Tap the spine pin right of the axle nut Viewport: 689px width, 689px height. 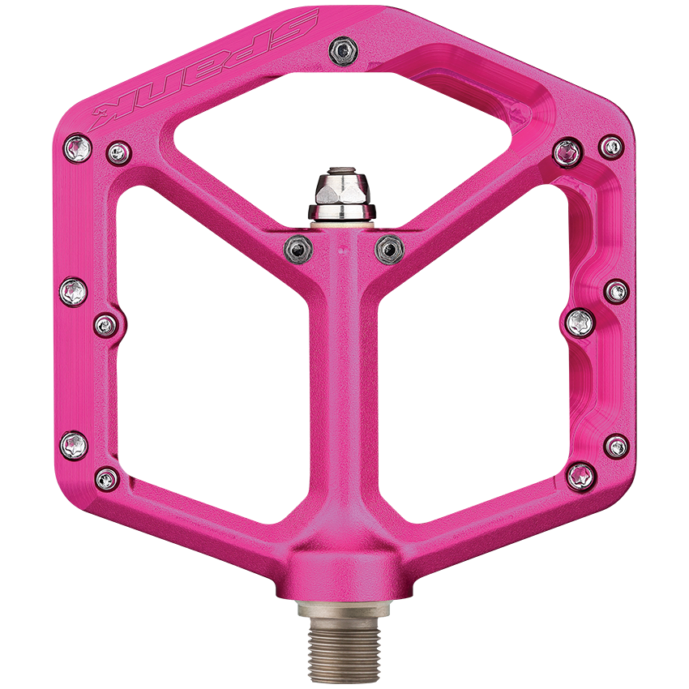coord(389,247)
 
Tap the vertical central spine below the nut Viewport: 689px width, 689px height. coord(344,389)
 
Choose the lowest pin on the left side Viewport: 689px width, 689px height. coord(107,478)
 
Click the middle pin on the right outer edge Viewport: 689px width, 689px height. coord(616,290)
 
